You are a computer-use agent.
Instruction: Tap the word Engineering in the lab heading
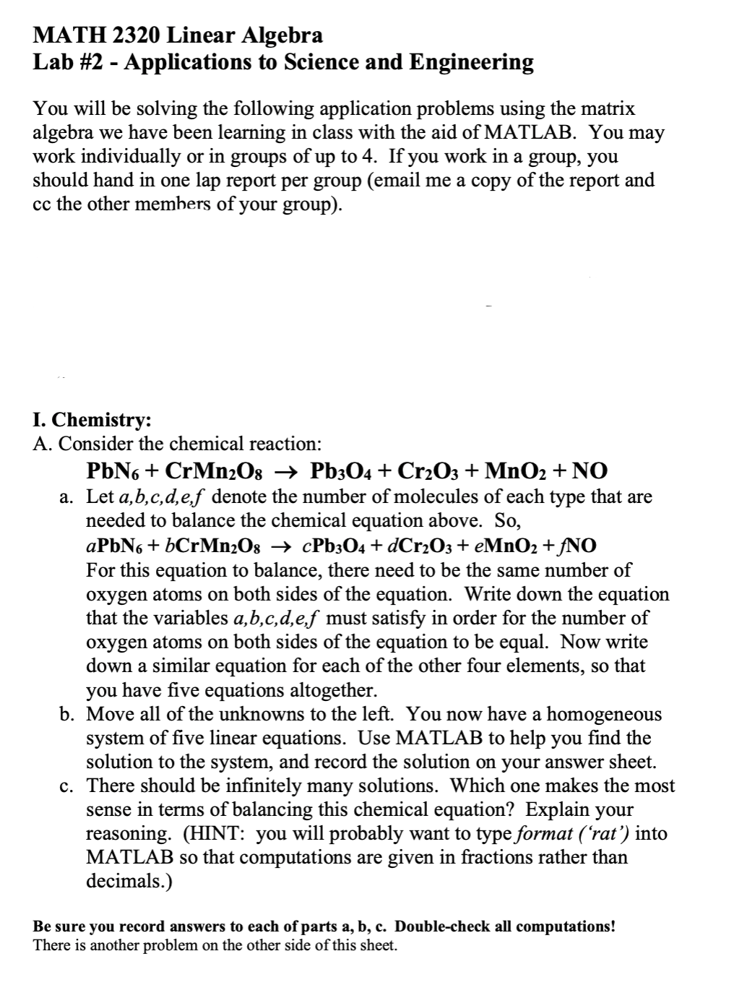pos(471,62)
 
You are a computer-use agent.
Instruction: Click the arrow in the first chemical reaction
pos(288,471)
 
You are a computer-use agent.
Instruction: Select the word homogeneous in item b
pos(604,714)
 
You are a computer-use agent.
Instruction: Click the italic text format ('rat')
pos(575,833)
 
